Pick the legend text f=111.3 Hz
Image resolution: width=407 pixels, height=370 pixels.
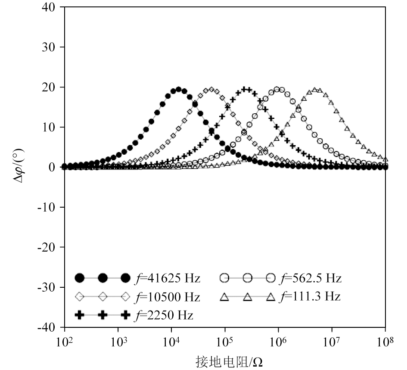(x=310, y=297)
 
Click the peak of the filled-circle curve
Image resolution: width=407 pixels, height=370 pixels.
(x=179, y=89)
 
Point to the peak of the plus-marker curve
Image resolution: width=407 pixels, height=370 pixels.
(x=246, y=89)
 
